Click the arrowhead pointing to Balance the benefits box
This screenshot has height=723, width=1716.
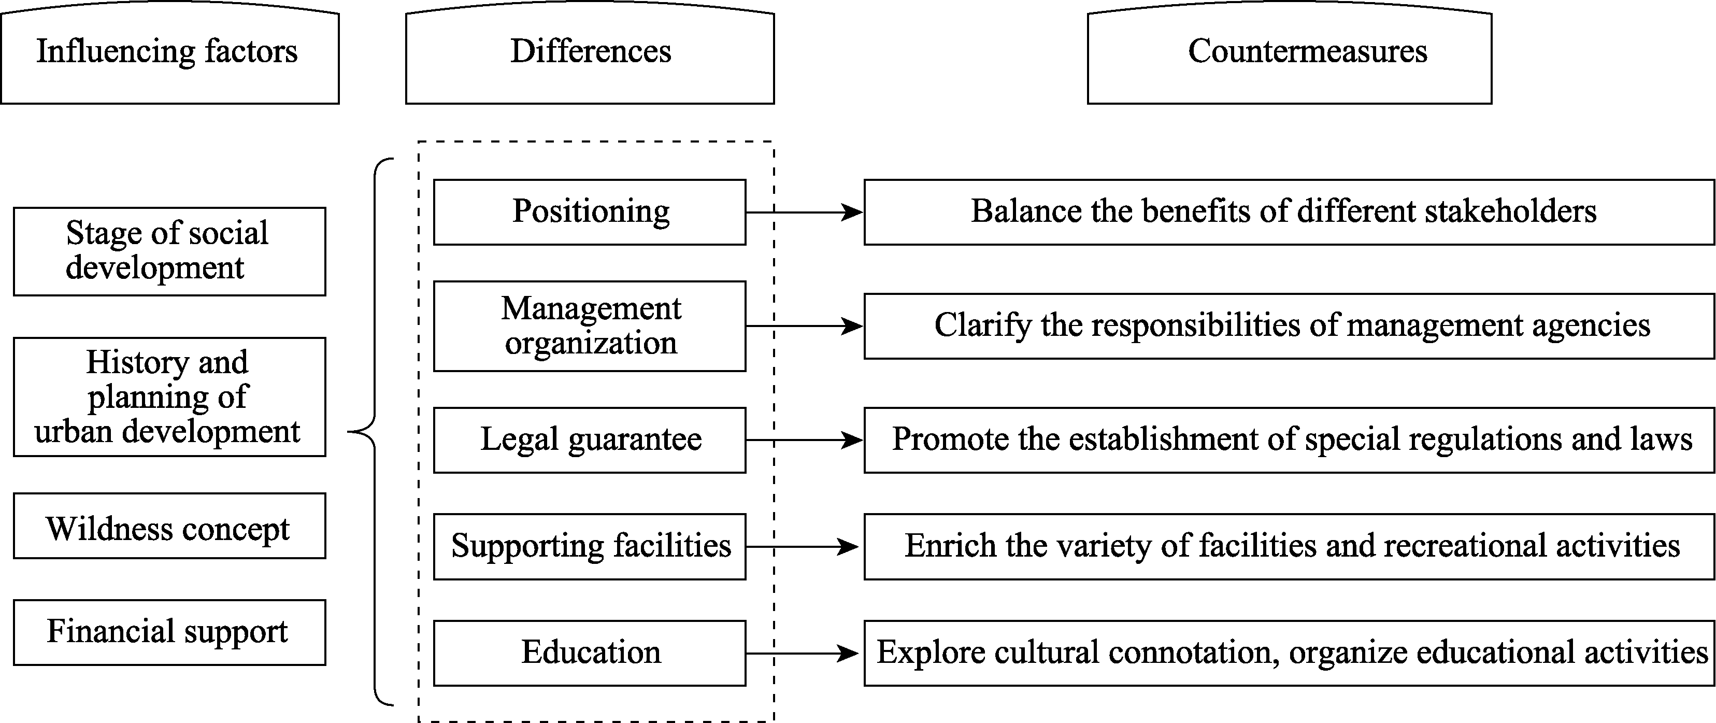pyautogui.click(x=853, y=212)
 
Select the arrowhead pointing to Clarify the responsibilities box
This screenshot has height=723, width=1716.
pyautogui.click(x=853, y=327)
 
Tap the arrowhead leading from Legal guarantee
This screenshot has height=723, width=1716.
pyautogui.click(x=853, y=441)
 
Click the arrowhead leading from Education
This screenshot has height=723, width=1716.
pyautogui.click(x=849, y=654)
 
